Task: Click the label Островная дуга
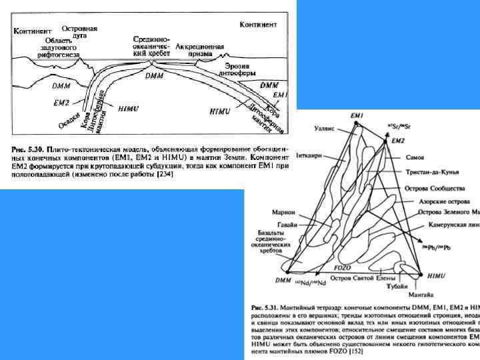coord(79,32)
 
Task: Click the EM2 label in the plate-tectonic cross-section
coord(61,103)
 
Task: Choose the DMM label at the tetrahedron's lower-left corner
coord(283,281)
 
